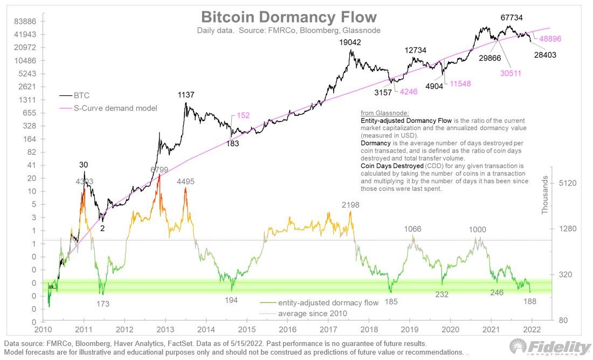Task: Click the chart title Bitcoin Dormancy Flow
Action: tap(288, 17)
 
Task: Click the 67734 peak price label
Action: tap(512, 17)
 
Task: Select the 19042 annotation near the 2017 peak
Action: tap(350, 42)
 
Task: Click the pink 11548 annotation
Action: tap(465, 85)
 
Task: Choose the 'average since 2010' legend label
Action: tap(312, 313)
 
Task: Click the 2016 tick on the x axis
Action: tap(287, 329)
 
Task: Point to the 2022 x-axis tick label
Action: tap(531, 329)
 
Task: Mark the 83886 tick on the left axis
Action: tap(25, 22)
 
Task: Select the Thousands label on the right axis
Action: tap(544, 196)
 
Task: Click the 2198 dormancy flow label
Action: tap(350, 205)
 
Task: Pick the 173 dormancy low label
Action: tap(103, 304)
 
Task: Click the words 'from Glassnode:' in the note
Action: tap(384, 113)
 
